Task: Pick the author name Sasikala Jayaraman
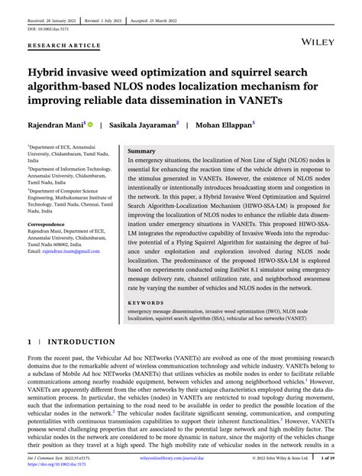click(x=144, y=124)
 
